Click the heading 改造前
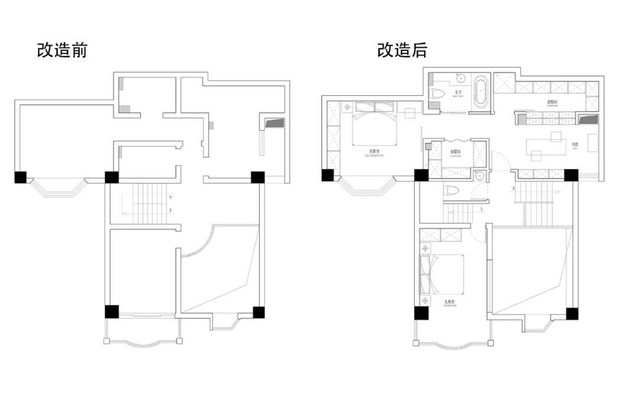coord(62,50)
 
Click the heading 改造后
coord(402,50)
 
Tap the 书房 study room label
coord(575,144)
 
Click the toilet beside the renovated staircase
coord(452,191)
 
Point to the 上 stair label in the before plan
coord(171,211)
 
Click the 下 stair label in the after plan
coord(514,188)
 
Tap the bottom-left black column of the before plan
coord(112,312)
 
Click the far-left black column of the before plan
coord(21,177)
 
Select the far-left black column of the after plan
coord(328,175)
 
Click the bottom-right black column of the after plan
coord(572,313)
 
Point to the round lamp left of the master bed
coord(347,107)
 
